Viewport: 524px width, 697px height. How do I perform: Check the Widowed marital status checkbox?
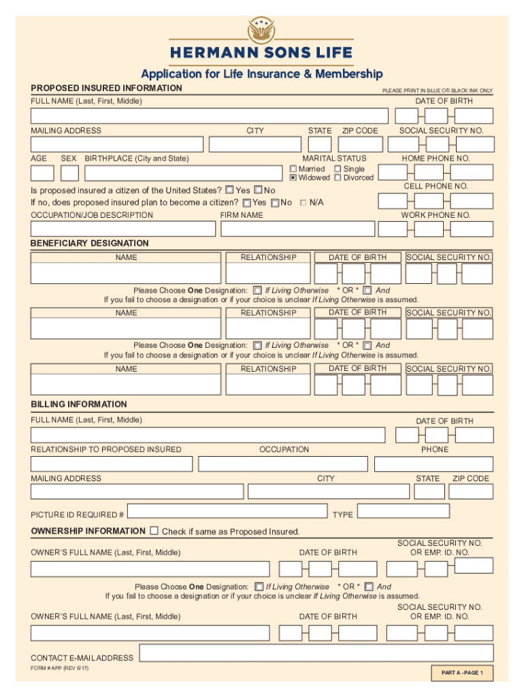[293, 178]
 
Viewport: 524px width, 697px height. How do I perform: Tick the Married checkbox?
[293, 169]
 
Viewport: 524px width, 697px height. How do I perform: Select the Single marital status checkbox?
[338, 169]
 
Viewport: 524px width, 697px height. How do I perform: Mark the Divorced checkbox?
[338, 178]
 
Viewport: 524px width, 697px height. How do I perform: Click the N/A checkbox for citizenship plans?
[303, 203]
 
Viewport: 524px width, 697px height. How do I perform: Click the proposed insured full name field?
[209, 116]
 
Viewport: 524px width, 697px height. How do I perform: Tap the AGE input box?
[42, 173]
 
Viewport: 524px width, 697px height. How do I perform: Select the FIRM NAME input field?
[297, 229]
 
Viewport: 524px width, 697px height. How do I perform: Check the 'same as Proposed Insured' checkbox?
[154, 530]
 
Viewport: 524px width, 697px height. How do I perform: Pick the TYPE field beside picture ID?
[403, 511]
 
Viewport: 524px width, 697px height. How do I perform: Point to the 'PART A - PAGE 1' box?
[462, 672]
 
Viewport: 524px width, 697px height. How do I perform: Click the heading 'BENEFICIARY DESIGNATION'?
[90, 243]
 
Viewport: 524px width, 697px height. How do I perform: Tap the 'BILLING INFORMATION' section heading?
[79, 404]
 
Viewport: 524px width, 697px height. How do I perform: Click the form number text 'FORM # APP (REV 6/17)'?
[60, 668]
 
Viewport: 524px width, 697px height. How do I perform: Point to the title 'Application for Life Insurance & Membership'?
[261, 74]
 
